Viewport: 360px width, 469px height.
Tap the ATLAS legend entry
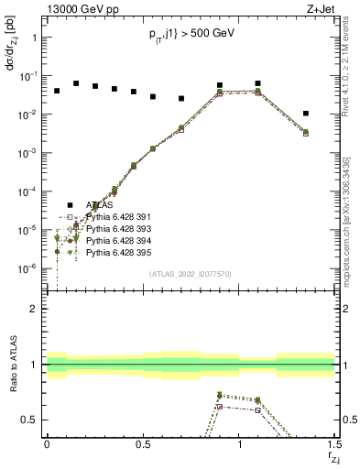[x=99, y=205]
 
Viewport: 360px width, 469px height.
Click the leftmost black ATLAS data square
[x=57, y=91]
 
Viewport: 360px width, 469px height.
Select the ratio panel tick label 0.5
[x=29, y=420]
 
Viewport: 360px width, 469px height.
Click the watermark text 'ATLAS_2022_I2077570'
[x=190, y=273]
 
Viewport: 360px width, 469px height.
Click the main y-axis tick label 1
[x=34, y=38]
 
